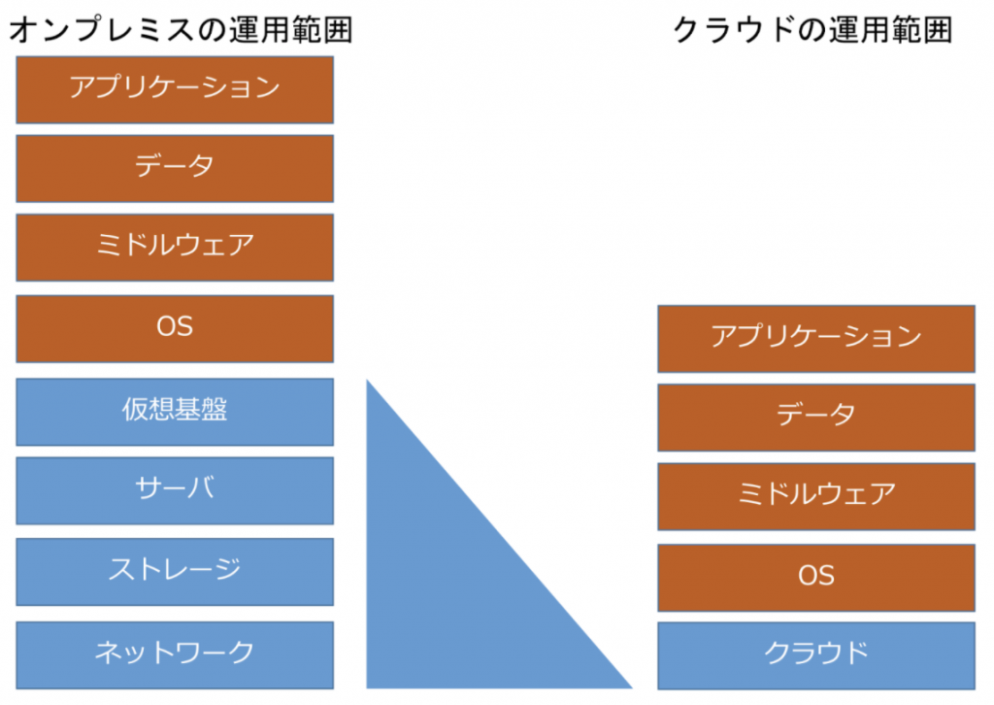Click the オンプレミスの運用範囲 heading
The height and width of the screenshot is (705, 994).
(x=181, y=29)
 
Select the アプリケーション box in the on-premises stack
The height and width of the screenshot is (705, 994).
(x=175, y=89)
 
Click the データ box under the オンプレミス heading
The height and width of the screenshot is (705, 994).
(x=175, y=169)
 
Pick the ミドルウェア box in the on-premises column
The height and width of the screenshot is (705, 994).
(x=175, y=248)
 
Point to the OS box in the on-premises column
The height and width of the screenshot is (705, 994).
(x=175, y=328)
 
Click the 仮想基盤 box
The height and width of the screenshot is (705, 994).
(x=175, y=412)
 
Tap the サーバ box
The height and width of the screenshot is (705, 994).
(x=175, y=490)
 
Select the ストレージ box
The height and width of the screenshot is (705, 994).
(x=175, y=572)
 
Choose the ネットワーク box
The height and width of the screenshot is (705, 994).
(x=175, y=655)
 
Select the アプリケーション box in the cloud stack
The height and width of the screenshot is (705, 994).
(x=816, y=339)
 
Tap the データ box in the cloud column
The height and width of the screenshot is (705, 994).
(x=816, y=418)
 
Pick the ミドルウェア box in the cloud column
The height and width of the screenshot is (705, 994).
(x=816, y=496)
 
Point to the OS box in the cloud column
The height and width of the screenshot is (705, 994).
(x=816, y=578)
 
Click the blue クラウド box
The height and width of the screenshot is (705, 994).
(x=816, y=655)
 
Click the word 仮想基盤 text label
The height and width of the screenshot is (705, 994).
(x=175, y=410)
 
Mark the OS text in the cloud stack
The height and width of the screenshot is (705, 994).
(x=816, y=576)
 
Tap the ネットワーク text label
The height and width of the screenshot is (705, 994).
(x=175, y=652)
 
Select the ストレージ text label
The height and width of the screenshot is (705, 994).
(x=175, y=569)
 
